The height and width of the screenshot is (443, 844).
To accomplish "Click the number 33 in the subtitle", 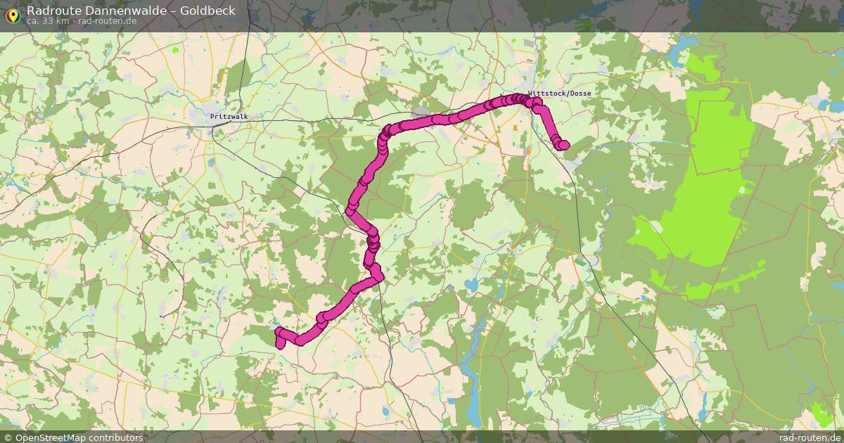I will pos(49,21).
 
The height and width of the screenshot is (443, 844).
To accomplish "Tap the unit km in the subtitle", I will pos(63,21).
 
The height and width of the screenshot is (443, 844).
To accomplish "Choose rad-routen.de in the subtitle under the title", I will pos(107,21).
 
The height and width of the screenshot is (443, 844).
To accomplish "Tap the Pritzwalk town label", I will pos(229,117).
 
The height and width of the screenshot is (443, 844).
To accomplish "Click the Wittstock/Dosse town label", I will pos(560,94).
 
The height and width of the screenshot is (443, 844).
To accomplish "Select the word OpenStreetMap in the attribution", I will pos(50,437).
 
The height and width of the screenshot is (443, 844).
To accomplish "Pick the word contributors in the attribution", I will pos(116,437).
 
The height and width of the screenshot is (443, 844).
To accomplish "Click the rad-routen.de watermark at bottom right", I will pos(809,437).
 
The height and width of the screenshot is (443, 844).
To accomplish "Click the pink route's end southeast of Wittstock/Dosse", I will pos(563,145).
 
